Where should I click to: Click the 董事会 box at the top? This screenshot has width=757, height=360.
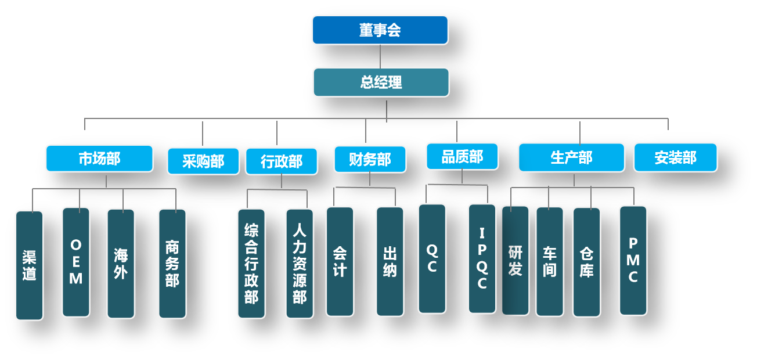tap(380, 30)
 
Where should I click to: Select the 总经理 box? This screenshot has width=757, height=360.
tap(381, 82)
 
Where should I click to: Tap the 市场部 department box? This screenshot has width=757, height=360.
tap(99, 159)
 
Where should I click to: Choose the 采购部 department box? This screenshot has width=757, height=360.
tap(203, 161)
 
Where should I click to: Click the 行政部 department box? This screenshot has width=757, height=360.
tap(282, 161)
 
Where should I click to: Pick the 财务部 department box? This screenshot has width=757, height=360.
tap(370, 159)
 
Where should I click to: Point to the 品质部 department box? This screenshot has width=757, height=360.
tap(462, 157)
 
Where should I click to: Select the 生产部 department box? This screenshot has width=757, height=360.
tap(571, 157)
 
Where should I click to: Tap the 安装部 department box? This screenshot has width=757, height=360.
tap(675, 157)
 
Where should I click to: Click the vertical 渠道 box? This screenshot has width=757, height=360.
tap(30, 265)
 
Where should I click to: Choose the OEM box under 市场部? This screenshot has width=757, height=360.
tap(76, 262)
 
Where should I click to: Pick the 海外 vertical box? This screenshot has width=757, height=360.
tap(121, 264)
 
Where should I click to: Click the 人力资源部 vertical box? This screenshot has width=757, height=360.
tap(300, 264)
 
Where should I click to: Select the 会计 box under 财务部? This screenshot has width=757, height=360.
tap(340, 261)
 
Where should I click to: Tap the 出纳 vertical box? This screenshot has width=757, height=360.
tap(390, 261)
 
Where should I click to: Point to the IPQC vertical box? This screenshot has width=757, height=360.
tap(482, 258)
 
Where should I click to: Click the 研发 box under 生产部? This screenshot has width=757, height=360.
tap(516, 260)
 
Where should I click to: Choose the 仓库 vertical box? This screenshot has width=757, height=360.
tap(586, 262)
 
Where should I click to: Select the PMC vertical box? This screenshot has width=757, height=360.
tap(633, 260)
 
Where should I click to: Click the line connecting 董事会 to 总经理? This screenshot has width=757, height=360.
tap(380, 56)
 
